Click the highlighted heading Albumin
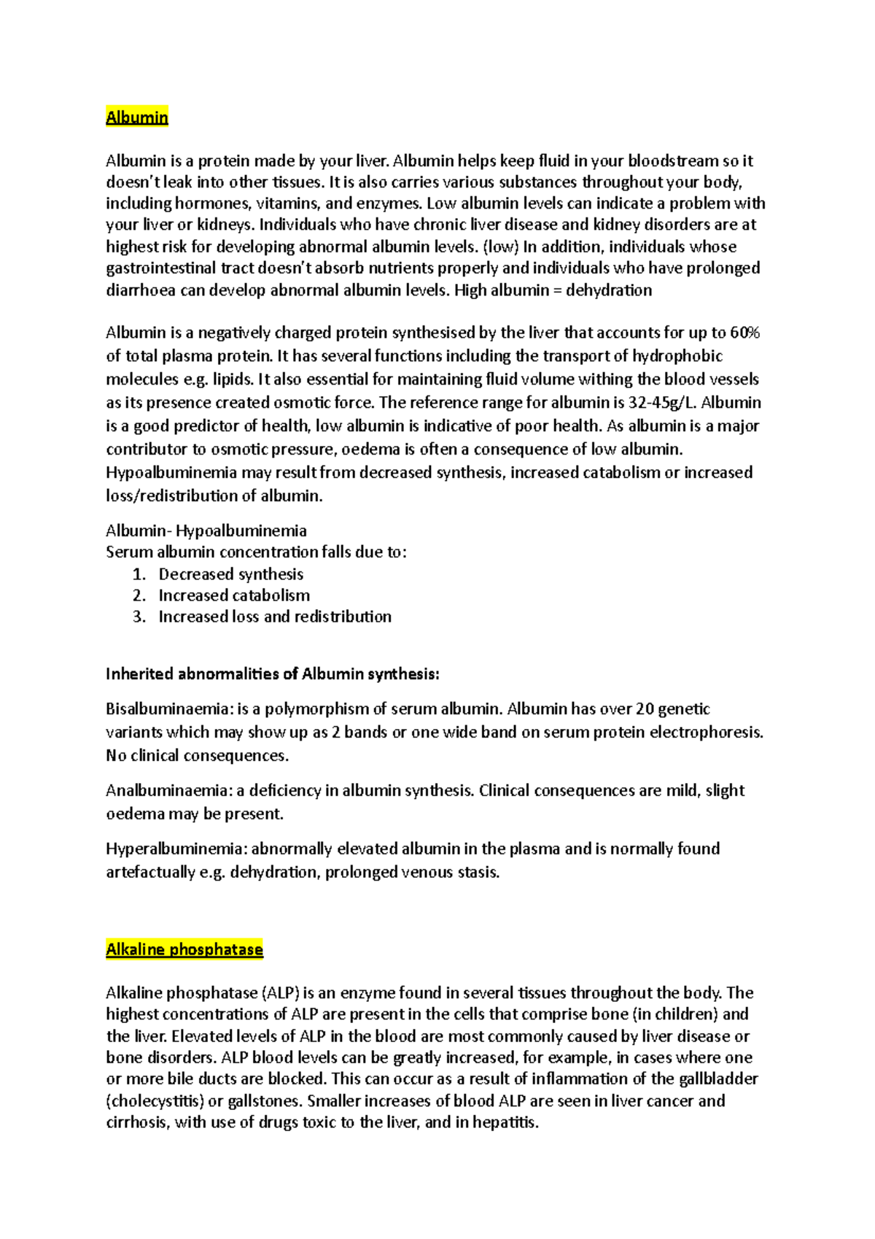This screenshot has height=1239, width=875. [x=137, y=117]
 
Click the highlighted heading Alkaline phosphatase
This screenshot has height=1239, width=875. [x=184, y=949]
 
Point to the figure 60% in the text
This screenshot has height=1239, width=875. [x=744, y=333]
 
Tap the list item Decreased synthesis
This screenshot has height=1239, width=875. [x=231, y=574]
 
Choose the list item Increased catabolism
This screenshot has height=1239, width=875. [x=234, y=595]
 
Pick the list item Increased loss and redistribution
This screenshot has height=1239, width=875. [x=275, y=617]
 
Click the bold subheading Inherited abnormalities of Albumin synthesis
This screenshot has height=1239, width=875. [x=273, y=673]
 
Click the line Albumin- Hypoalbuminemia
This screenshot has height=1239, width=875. [x=206, y=530]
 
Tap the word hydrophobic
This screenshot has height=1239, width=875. [x=677, y=356]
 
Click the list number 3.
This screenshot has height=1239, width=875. [x=139, y=617]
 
